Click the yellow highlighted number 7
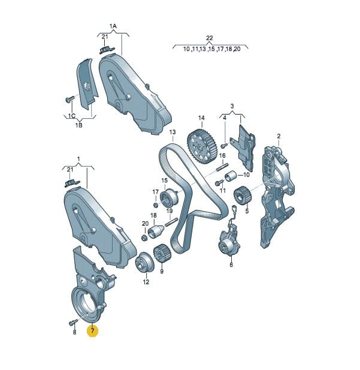click(x=93, y=330)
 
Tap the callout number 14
click(x=201, y=118)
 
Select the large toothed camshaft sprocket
click(x=199, y=146)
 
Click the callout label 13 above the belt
click(x=173, y=132)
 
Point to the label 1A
click(x=113, y=26)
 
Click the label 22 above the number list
click(x=210, y=38)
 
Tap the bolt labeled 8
click(x=73, y=323)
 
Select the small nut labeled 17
click(x=156, y=205)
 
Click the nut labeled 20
click(x=144, y=237)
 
